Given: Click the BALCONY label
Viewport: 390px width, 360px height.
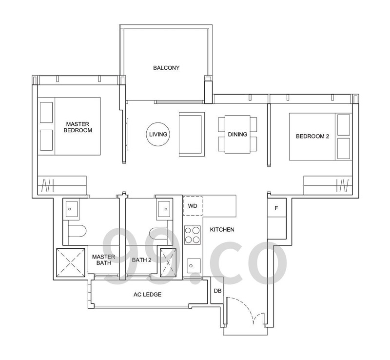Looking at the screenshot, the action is (166, 68).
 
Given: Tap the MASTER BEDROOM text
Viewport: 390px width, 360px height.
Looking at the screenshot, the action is (78, 127).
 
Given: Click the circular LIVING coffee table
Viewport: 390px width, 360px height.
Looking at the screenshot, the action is (158, 134).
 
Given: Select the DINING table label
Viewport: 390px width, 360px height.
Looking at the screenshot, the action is (237, 135).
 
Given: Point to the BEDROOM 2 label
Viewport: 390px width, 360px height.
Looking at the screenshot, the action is (312, 136).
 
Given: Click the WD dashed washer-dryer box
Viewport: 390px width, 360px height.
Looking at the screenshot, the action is (193, 206).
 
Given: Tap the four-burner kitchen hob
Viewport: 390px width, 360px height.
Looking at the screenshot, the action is (193, 235).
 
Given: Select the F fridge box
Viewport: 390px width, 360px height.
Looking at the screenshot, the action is (276, 208).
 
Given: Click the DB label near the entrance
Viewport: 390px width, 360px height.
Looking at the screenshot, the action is (217, 291).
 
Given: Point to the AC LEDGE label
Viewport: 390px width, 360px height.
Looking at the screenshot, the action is (148, 295).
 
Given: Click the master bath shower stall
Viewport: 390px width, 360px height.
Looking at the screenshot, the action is (71, 262).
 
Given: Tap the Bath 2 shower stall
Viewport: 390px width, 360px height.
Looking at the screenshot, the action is (168, 262).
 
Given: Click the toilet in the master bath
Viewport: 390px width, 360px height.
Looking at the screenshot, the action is (77, 231).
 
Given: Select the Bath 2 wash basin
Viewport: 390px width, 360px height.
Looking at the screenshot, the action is (164, 209).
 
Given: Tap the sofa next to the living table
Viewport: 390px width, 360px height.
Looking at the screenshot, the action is (192, 134).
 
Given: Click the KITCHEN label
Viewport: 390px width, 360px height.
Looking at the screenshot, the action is (222, 230).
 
